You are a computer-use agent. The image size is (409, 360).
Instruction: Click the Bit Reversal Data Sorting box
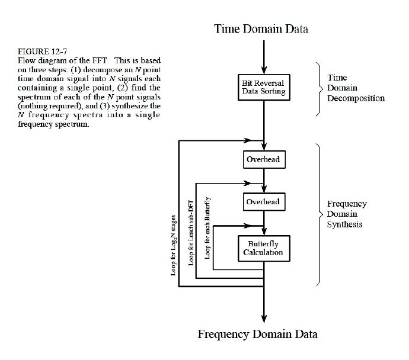262,86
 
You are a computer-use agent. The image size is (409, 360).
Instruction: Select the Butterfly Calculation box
262,247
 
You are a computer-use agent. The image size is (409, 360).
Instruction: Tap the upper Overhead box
262,160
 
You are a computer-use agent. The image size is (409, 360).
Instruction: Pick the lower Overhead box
262,202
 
